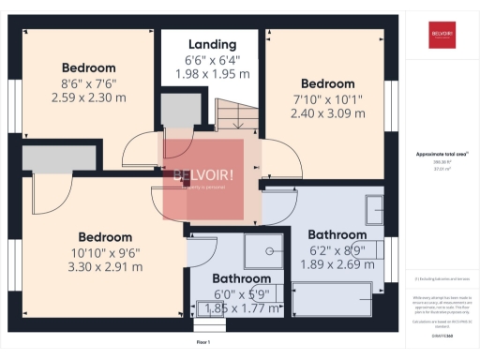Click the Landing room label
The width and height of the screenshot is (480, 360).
(x=212, y=44)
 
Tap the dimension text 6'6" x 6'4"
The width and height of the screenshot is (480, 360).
(x=212, y=61)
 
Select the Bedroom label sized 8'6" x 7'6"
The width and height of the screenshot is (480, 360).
(x=89, y=67)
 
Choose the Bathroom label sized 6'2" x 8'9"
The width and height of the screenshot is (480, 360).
(x=337, y=234)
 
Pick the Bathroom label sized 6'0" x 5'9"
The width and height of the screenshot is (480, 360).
(x=241, y=278)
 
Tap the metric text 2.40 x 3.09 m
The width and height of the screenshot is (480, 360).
(x=328, y=112)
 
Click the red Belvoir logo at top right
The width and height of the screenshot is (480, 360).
(x=442, y=34)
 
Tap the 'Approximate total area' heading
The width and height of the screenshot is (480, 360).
(x=442, y=155)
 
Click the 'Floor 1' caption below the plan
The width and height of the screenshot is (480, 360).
(x=204, y=344)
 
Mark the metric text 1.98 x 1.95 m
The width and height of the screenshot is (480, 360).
(x=212, y=75)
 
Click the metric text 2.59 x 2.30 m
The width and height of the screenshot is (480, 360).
(x=89, y=97)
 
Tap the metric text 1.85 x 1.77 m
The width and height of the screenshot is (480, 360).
(x=241, y=307)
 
